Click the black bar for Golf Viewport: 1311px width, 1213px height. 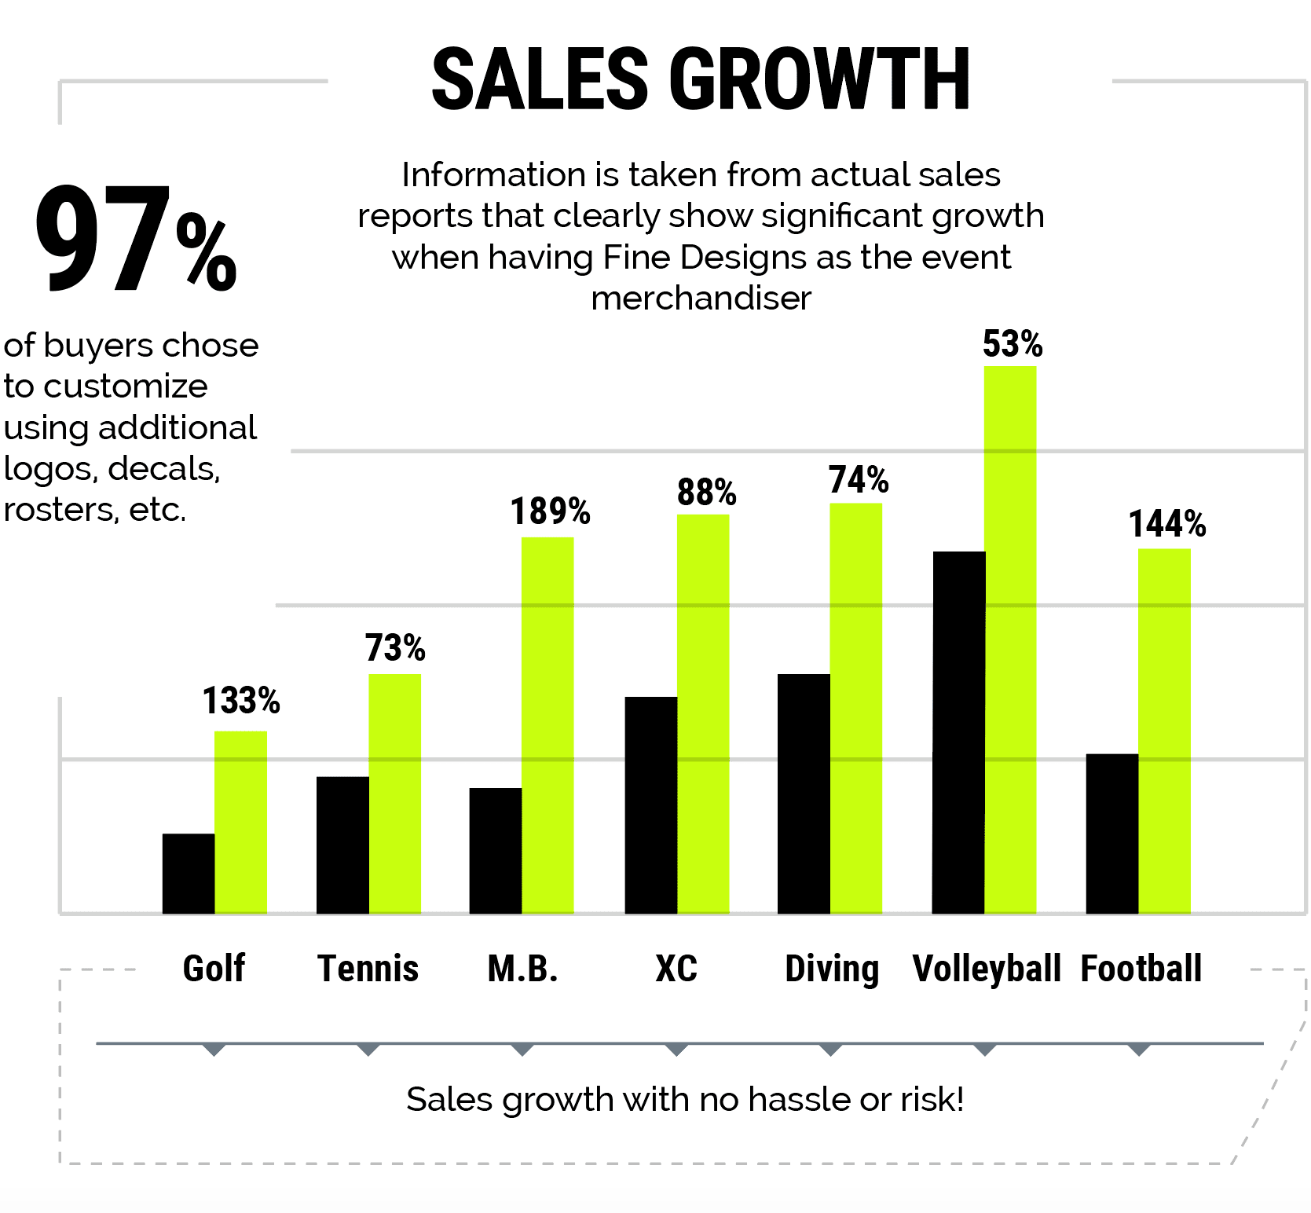click(189, 873)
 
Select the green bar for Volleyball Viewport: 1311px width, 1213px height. click(1010, 639)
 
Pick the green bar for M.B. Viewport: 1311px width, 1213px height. click(547, 725)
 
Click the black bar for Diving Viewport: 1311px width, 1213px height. click(804, 793)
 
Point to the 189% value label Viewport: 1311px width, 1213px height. click(550, 511)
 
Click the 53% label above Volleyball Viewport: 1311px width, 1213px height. click(1013, 344)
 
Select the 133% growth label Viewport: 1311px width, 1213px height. click(241, 701)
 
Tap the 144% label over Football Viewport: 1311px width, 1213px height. click(1167, 524)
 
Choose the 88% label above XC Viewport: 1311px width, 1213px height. click(707, 493)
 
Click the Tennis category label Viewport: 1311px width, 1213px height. click(368, 968)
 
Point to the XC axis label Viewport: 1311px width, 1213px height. click(676, 968)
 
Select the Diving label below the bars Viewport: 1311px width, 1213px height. click(832, 969)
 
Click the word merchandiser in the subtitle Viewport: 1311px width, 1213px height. click(701, 299)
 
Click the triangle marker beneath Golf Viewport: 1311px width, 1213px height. click(214, 1050)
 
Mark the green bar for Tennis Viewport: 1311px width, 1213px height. click(394, 793)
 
